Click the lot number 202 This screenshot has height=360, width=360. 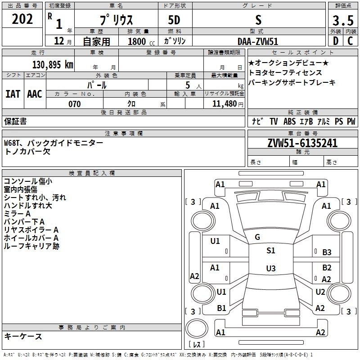click(x=22, y=19)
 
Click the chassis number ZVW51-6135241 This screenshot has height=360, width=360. click(x=302, y=143)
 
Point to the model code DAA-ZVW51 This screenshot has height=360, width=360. click(x=258, y=41)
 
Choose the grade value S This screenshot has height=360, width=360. click(x=258, y=20)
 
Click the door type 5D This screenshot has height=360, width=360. click(x=175, y=20)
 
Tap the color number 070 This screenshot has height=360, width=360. click(x=74, y=104)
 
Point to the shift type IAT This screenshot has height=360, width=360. click(x=13, y=94)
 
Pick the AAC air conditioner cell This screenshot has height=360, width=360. click(x=34, y=94)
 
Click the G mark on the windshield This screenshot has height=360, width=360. click(x=257, y=237)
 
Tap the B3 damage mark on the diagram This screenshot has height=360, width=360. click(x=327, y=252)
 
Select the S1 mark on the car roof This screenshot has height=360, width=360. click(x=270, y=251)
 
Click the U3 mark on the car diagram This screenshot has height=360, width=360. click(x=270, y=269)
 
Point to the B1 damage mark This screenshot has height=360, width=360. click(x=221, y=308)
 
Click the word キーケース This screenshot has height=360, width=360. click(x=23, y=336)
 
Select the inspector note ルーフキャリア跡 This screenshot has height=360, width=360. click(x=31, y=246)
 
